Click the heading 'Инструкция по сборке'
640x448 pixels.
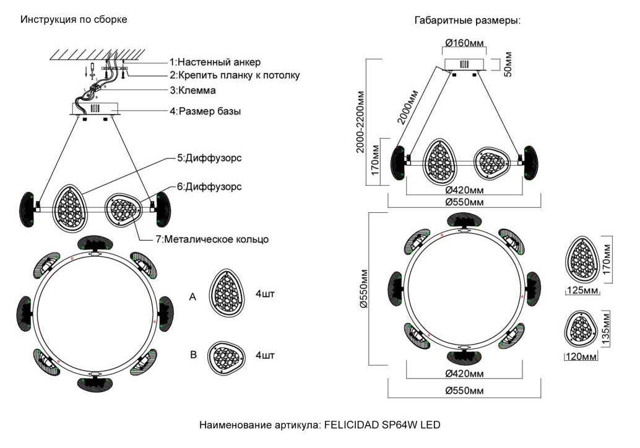pos(74,20)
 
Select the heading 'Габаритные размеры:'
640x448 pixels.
pos(467,20)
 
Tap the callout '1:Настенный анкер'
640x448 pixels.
pos(215,62)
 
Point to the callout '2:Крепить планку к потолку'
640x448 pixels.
pos(235,75)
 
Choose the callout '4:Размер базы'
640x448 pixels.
pos(205,112)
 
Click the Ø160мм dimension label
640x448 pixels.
pos(464,43)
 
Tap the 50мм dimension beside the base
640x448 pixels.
pos(508,64)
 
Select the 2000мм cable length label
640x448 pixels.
pos(408,107)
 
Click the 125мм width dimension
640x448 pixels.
pos(582,290)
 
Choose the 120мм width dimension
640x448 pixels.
pos(581,357)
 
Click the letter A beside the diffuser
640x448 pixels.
pos(192,298)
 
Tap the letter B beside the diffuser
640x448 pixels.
pos(193,355)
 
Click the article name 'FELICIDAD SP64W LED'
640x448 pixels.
pos(380,426)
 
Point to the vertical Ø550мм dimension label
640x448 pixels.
pos(363,290)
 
